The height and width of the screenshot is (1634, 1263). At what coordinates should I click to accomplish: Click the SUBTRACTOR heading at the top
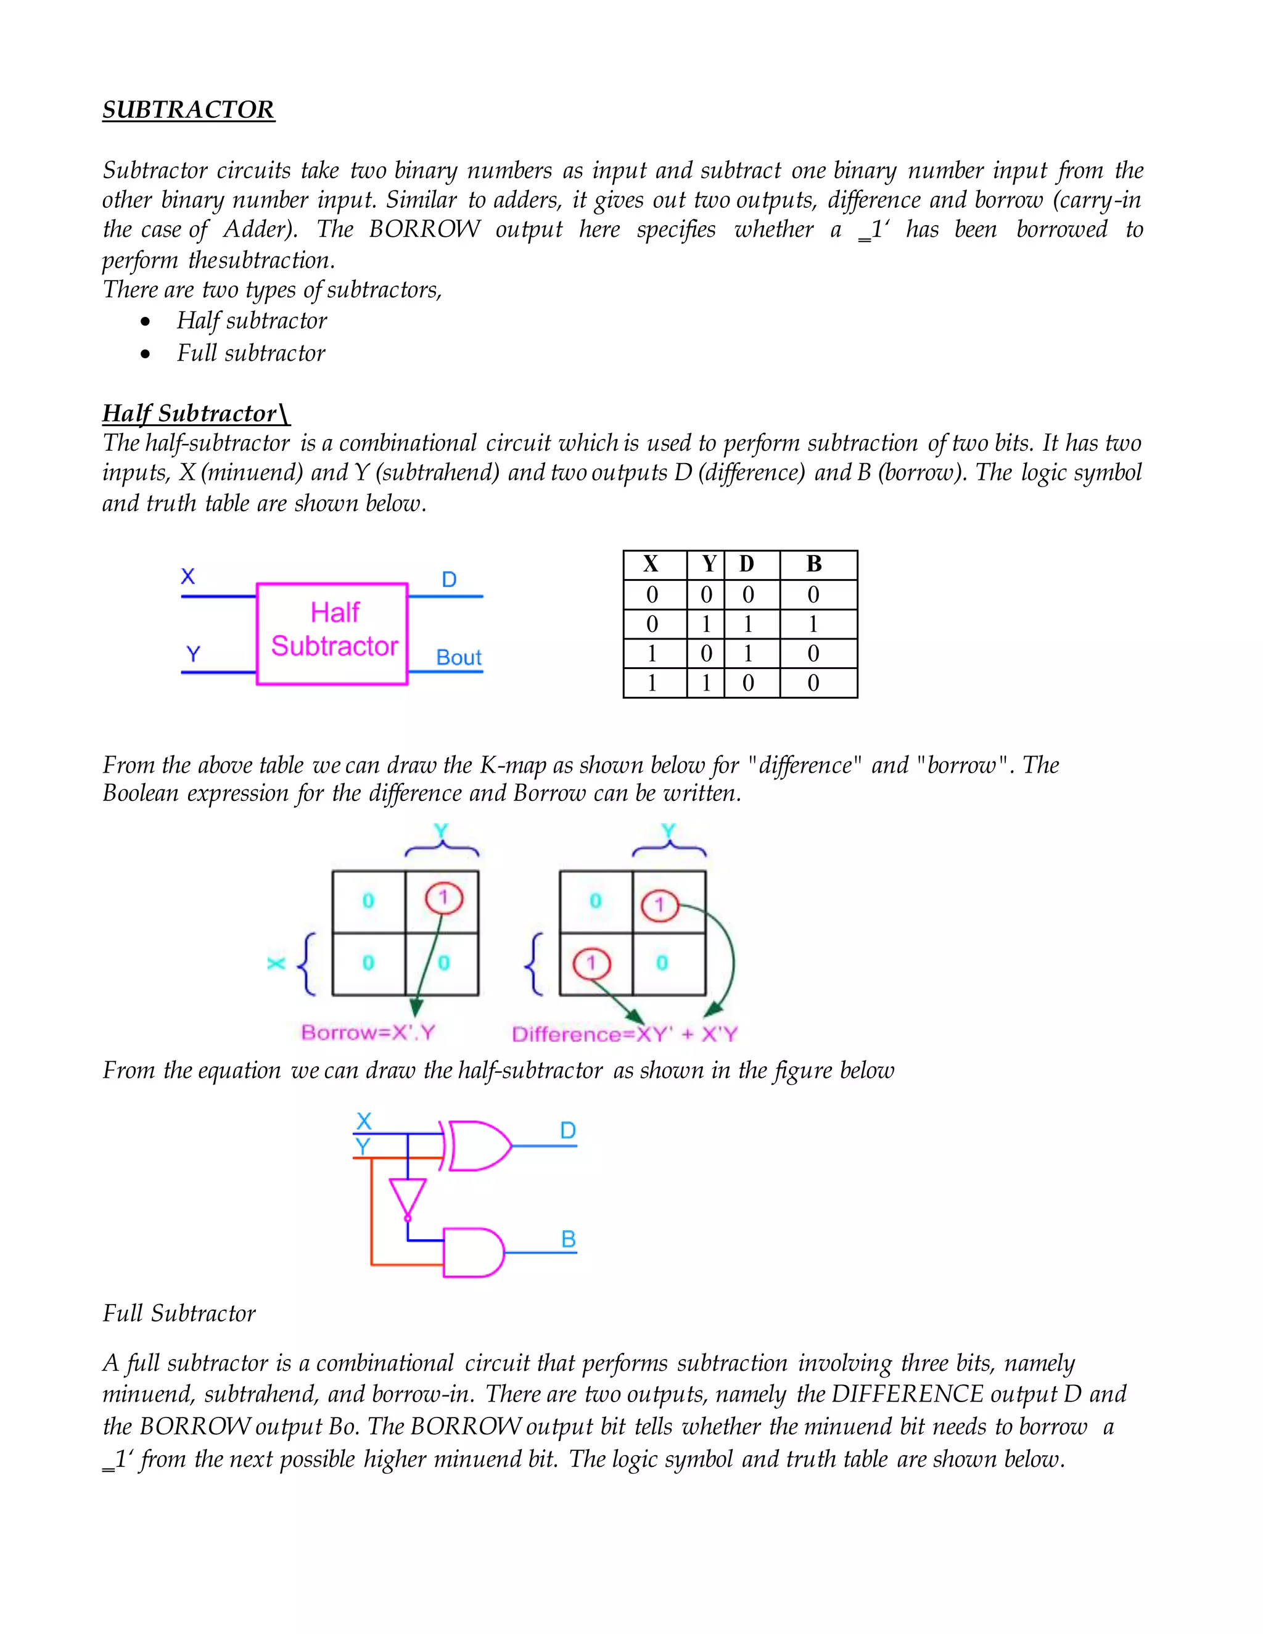(189, 110)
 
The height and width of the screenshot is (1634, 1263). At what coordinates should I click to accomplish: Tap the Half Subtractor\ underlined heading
(196, 413)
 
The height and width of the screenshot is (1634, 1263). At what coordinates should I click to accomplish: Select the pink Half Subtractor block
(332, 633)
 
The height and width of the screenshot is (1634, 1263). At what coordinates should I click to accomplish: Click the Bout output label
(459, 658)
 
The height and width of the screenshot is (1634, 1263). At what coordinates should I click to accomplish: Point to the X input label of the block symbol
(188, 576)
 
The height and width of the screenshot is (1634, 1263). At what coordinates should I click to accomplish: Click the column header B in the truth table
(814, 564)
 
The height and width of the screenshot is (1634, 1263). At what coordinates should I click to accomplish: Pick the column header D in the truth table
(747, 564)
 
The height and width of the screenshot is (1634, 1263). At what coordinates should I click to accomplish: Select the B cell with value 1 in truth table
(813, 624)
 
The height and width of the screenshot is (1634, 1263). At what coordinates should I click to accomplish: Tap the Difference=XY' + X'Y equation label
(625, 1034)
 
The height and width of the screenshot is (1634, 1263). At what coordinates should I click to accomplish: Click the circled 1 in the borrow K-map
(443, 898)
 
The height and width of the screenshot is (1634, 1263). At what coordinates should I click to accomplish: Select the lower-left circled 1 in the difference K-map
(592, 964)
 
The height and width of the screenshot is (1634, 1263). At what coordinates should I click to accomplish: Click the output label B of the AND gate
(569, 1240)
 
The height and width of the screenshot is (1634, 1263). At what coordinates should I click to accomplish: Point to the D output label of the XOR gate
(568, 1130)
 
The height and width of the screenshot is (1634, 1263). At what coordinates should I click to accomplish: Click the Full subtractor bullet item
(250, 353)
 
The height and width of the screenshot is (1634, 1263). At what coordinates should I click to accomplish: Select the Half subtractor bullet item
(252, 321)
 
